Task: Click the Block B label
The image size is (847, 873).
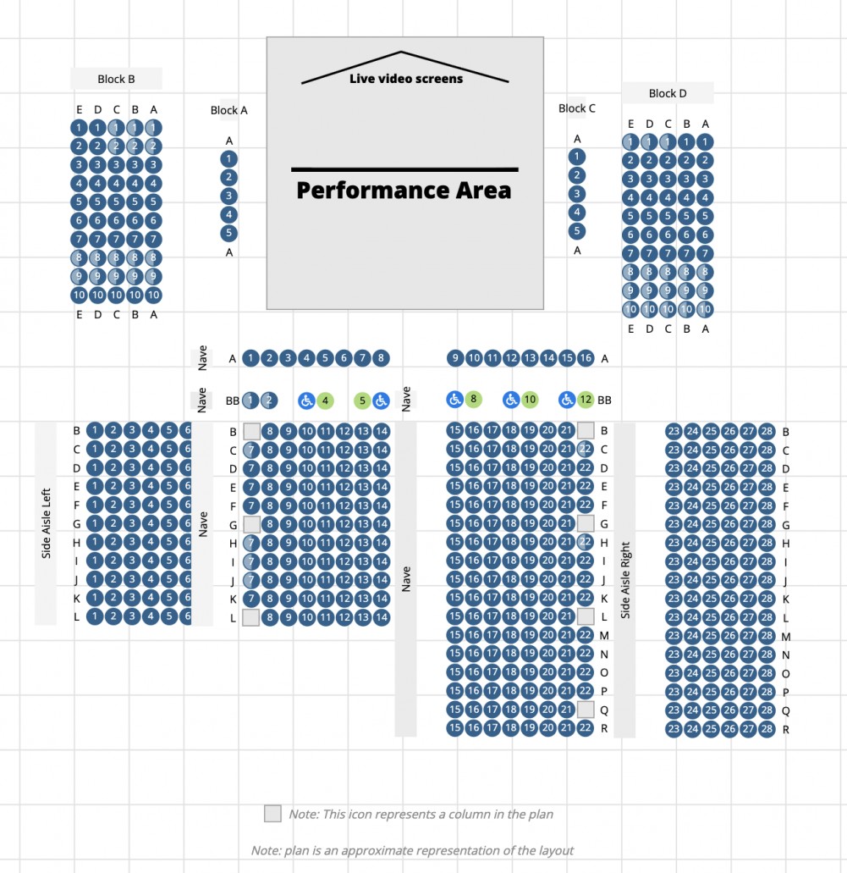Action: [116, 79]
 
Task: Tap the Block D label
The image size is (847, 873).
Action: [668, 93]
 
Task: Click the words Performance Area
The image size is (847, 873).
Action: [404, 190]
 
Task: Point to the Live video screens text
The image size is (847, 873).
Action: [406, 79]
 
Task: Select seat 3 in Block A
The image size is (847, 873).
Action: [228, 196]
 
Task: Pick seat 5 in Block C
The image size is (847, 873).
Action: [577, 230]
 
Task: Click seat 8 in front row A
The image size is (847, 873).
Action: [382, 358]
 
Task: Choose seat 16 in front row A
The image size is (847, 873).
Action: [586, 358]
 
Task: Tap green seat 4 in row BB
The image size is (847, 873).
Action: [326, 401]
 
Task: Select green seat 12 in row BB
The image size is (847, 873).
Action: [586, 399]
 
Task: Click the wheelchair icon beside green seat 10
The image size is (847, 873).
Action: [511, 399]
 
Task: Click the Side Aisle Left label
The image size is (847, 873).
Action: [47, 523]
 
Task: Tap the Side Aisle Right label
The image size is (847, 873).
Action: [625, 580]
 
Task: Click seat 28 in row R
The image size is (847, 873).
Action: [767, 729]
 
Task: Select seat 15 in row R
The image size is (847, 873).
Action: [455, 727]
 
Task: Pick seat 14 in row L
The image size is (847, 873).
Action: [382, 617]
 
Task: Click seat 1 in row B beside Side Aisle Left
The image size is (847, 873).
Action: [95, 430]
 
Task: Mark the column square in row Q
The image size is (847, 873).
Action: [586, 710]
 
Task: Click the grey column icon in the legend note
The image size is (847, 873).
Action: [272, 814]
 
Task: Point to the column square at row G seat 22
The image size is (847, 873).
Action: [586, 523]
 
